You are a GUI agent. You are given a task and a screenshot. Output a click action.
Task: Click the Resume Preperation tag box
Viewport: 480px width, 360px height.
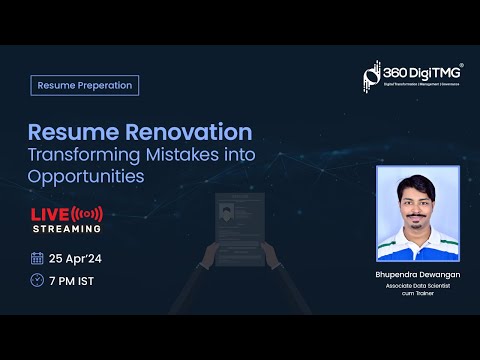tap(84, 85)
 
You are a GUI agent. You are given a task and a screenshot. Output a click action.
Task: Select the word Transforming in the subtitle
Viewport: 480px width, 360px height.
tap(83, 154)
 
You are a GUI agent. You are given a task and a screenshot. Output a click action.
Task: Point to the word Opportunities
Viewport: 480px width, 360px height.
tap(85, 176)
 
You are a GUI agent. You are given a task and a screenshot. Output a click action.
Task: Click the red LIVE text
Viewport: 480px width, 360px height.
tap(50, 214)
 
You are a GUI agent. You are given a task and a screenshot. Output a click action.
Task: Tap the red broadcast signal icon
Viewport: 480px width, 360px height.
tap(88, 214)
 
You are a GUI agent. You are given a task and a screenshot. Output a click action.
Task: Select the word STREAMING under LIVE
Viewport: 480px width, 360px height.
tap(60, 229)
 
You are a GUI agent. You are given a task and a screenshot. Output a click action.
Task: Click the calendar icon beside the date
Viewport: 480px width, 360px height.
tap(37, 257)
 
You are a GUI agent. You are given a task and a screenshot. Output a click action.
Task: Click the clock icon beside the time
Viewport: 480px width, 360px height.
tap(37, 281)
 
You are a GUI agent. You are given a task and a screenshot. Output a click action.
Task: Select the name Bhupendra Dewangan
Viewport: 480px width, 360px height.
tap(417, 273)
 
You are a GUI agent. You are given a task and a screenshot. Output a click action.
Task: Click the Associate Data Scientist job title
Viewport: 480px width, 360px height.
tap(417, 284)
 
